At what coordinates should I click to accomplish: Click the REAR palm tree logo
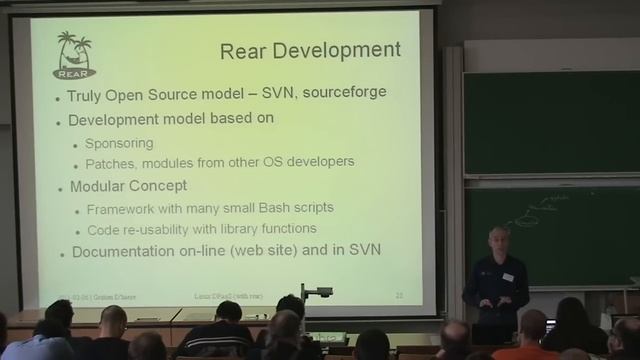(75, 54)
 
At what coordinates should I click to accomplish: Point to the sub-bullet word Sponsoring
(119, 142)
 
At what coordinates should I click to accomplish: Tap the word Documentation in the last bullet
(130, 252)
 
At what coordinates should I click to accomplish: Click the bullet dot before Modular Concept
(60, 187)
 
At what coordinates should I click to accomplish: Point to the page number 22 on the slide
(399, 296)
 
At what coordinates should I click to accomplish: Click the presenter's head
(497, 241)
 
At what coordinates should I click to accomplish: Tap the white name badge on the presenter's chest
(509, 277)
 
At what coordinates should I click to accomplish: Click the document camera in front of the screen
(317, 294)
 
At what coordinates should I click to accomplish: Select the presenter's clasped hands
(497, 299)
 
